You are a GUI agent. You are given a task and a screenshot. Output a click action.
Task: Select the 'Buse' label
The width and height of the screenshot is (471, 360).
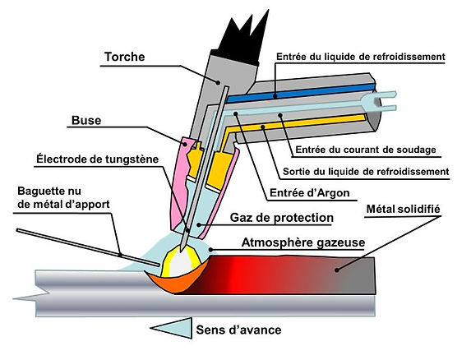coord(86,120)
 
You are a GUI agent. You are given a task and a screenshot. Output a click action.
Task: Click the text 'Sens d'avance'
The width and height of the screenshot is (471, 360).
coord(238,330)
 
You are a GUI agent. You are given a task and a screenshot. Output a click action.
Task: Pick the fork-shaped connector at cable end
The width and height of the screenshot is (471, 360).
coord(383,102)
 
